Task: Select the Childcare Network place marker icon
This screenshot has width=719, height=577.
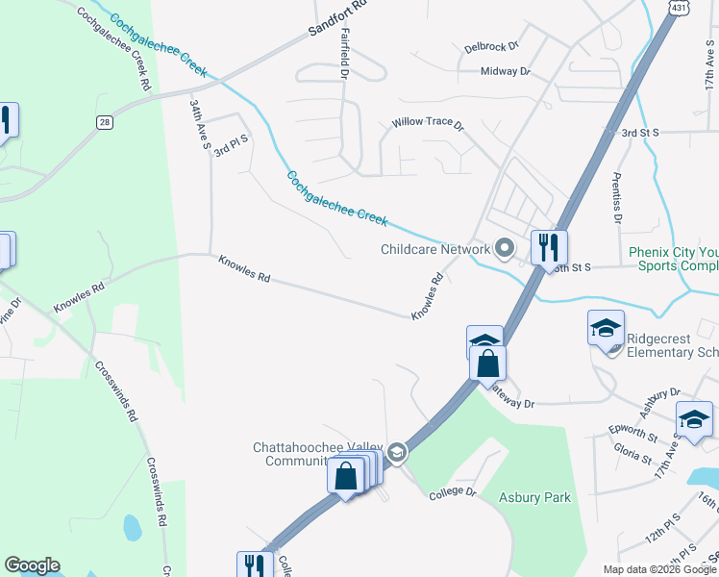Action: point(503,249)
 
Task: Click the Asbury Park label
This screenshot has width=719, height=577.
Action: point(535,497)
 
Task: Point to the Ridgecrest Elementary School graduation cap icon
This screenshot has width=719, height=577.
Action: point(606,328)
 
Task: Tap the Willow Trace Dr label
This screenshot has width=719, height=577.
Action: point(427,125)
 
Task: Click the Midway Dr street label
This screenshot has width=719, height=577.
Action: point(505,71)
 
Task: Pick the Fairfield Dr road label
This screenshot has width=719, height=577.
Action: point(344,53)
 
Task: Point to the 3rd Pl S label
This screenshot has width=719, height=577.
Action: point(232,145)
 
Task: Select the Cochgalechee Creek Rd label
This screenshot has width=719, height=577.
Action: point(114,49)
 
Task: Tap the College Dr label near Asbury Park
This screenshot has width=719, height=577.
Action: point(453,491)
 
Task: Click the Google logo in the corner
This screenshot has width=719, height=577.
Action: point(32,565)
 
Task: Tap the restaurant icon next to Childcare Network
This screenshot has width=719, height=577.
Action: point(549,247)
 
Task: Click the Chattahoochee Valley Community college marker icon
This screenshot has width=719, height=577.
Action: point(397,452)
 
